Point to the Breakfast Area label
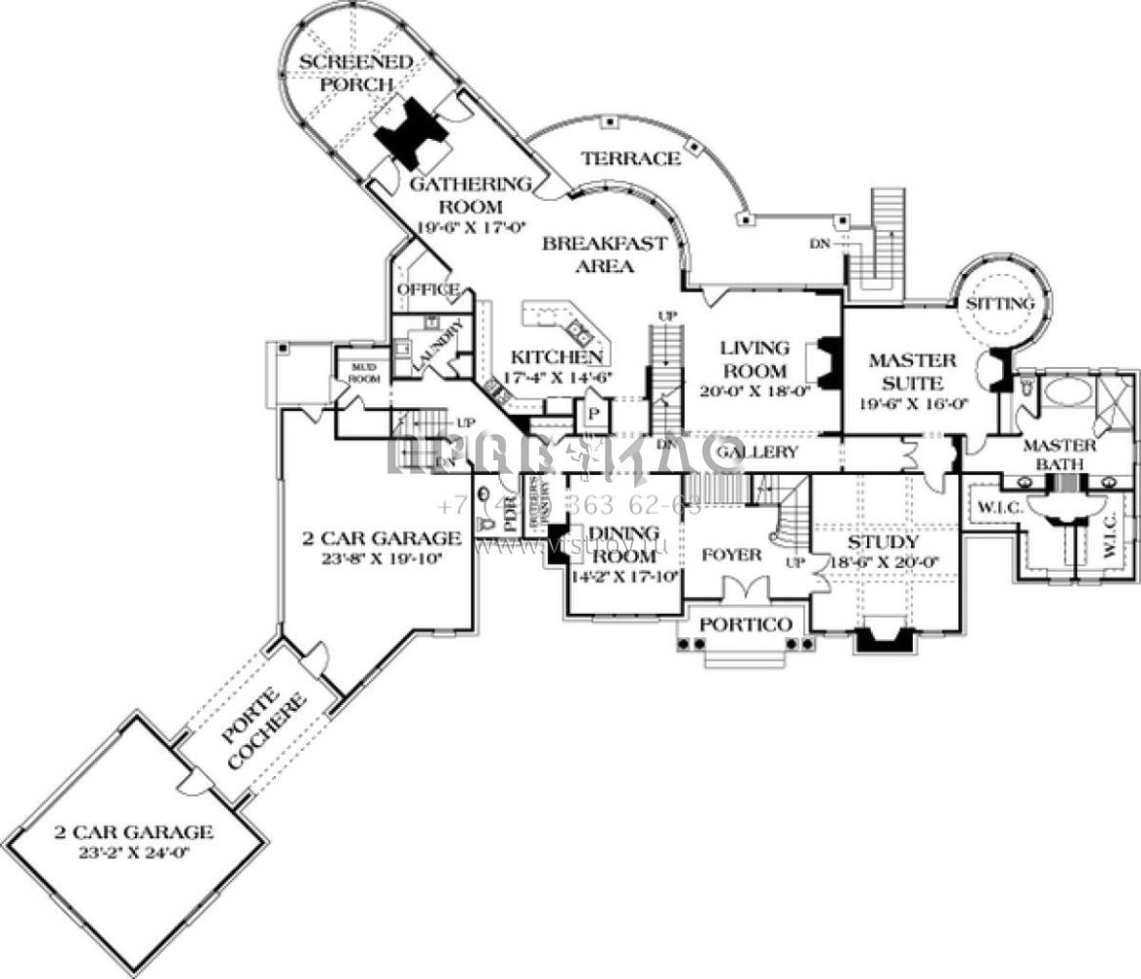605,255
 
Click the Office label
428,290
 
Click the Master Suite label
906,372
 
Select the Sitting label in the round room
1000,304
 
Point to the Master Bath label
1059,454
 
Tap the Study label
883,542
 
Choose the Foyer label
731,555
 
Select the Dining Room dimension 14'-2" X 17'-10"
626,577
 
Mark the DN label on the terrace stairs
819,244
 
